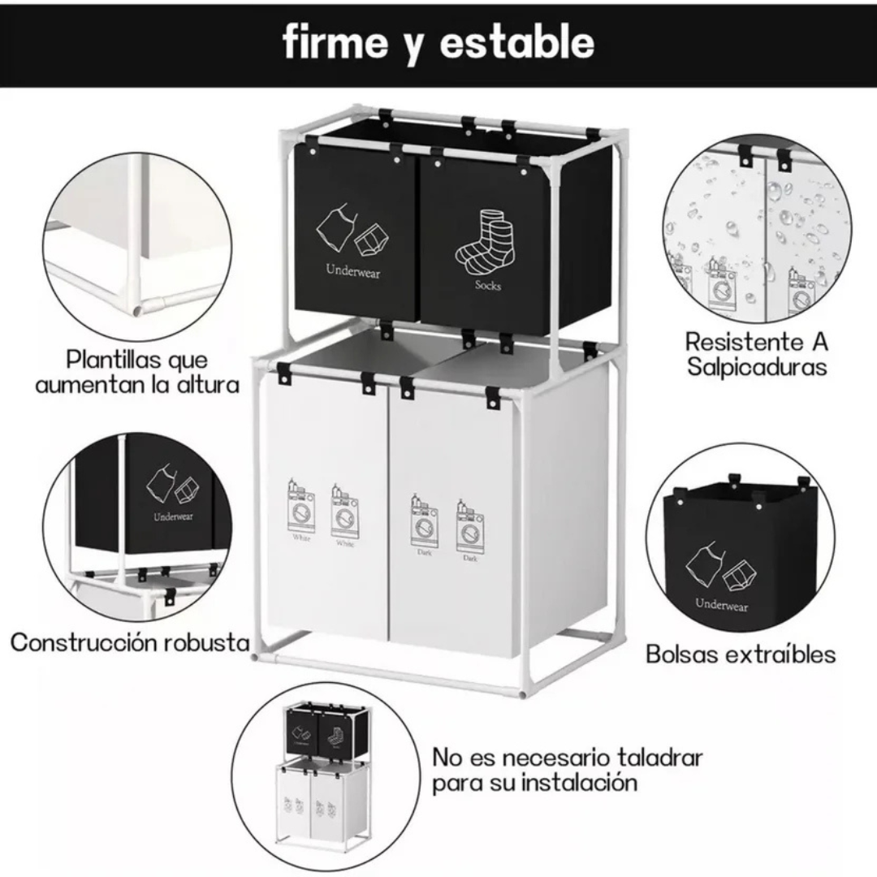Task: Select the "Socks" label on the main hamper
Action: coord(488,285)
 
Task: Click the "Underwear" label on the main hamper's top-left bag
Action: coord(353,271)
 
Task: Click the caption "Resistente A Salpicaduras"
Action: coord(756,353)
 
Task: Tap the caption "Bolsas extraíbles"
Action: coord(740,654)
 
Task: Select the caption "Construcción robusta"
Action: coord(130,643)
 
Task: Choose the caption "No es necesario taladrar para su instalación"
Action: coord(566,770)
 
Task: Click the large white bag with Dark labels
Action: coord(453,520)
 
